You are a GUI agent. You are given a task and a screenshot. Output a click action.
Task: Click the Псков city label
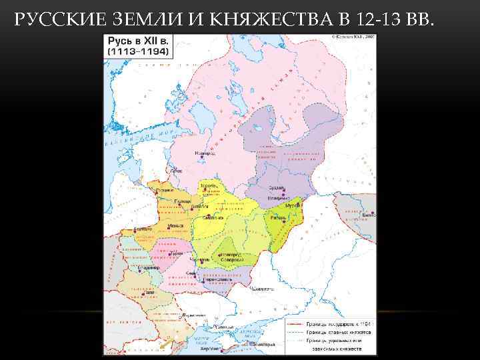coord(176,171)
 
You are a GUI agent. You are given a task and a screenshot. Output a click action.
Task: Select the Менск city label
coord(175,225)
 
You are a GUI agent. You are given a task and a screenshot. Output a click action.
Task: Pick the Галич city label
coord(149,291)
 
